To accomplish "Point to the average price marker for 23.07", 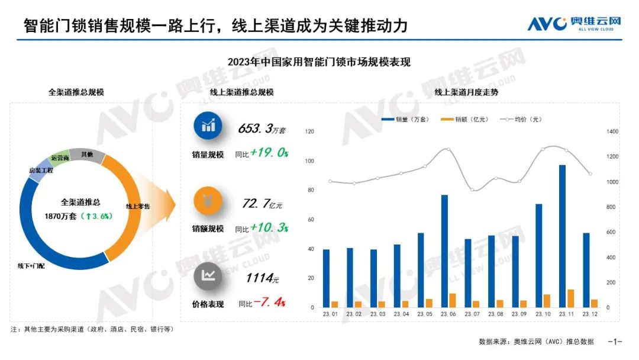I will (472, 190).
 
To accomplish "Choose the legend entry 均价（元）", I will (521, 120).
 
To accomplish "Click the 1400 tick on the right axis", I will (610, 131).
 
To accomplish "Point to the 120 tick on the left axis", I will (309, 131).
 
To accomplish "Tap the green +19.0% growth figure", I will (269, 153).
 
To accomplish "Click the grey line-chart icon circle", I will (208, 275).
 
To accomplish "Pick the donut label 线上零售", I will (137, 206).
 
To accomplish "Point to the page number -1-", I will (615, 342).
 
